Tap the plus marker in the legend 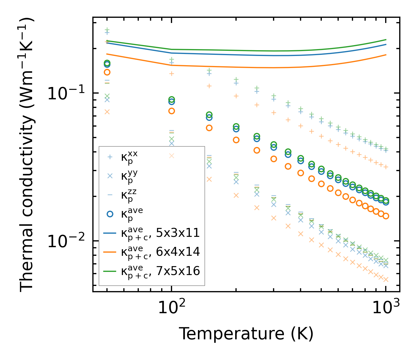110,157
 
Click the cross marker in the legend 110,176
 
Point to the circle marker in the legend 110,214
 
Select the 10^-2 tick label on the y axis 66,241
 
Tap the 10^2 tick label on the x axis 172,308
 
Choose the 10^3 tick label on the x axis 386,308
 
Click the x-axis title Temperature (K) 246,334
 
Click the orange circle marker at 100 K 172,111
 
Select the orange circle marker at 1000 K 386,216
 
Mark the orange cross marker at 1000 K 386,279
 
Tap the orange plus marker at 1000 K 386,167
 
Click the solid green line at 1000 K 386,40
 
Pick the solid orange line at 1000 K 386,55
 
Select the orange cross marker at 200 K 236,195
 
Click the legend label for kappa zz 129,195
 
